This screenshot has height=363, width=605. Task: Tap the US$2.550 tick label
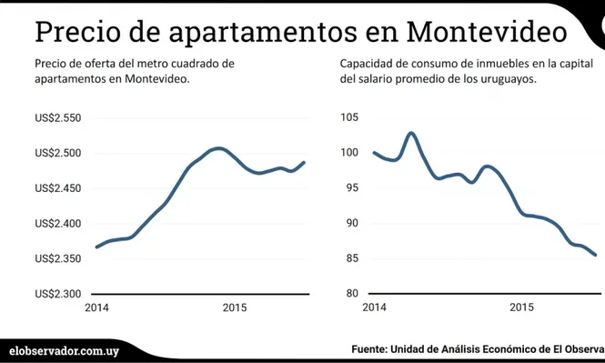pos(58,118)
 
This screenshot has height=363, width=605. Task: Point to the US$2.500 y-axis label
pos(58,153)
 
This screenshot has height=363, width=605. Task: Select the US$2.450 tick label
pos(58,188)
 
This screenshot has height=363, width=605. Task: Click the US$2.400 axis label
pos(58,224)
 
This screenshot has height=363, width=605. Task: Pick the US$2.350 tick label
pos(58,259)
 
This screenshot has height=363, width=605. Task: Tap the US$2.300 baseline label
pos(58,294)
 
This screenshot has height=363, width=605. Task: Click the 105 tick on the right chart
pos(349,118)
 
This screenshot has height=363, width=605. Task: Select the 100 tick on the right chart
pos(349,153)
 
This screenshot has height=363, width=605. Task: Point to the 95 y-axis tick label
pos(351,188)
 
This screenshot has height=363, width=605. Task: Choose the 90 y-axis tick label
pos(351,224)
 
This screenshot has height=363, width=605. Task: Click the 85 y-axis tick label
pos(351,259)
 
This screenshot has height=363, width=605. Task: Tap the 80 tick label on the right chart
pos(351,294)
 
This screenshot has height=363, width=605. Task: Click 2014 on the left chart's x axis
pos(97,308)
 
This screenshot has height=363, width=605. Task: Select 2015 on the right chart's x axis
pos(520,308)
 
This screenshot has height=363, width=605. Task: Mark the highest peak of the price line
pos(217,148)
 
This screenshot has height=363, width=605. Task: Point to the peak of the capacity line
pos(411,133)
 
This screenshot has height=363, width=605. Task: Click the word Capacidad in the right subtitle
pos(369,64)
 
